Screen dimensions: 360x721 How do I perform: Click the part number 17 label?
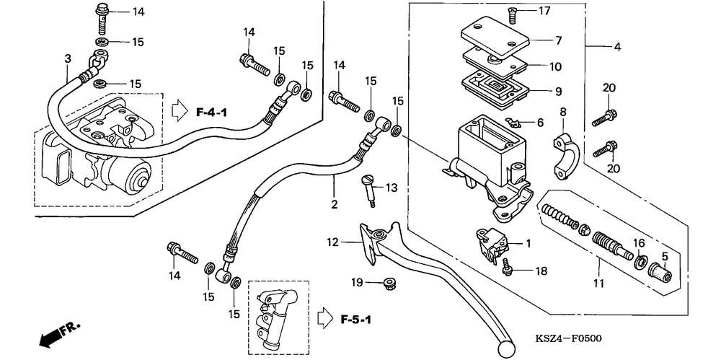click(544, 11)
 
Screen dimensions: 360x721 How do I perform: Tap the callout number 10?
click(555, 67)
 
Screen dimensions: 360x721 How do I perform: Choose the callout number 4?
click(617, 48)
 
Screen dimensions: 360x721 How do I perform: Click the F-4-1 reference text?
click(213, 113)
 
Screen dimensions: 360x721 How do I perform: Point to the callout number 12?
click(332, 243)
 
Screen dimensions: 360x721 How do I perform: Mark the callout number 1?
click(528, 244)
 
